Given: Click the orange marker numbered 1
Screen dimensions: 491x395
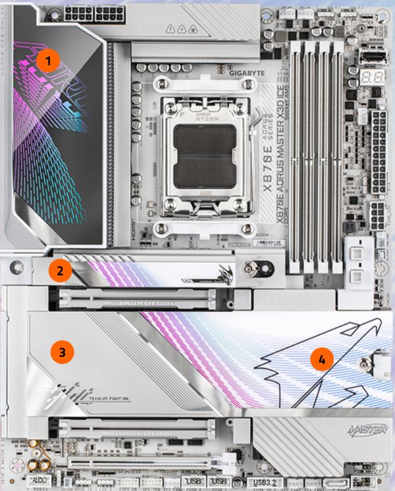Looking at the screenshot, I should pos(48,61).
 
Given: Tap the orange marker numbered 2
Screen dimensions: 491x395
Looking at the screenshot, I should pos(60,269).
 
